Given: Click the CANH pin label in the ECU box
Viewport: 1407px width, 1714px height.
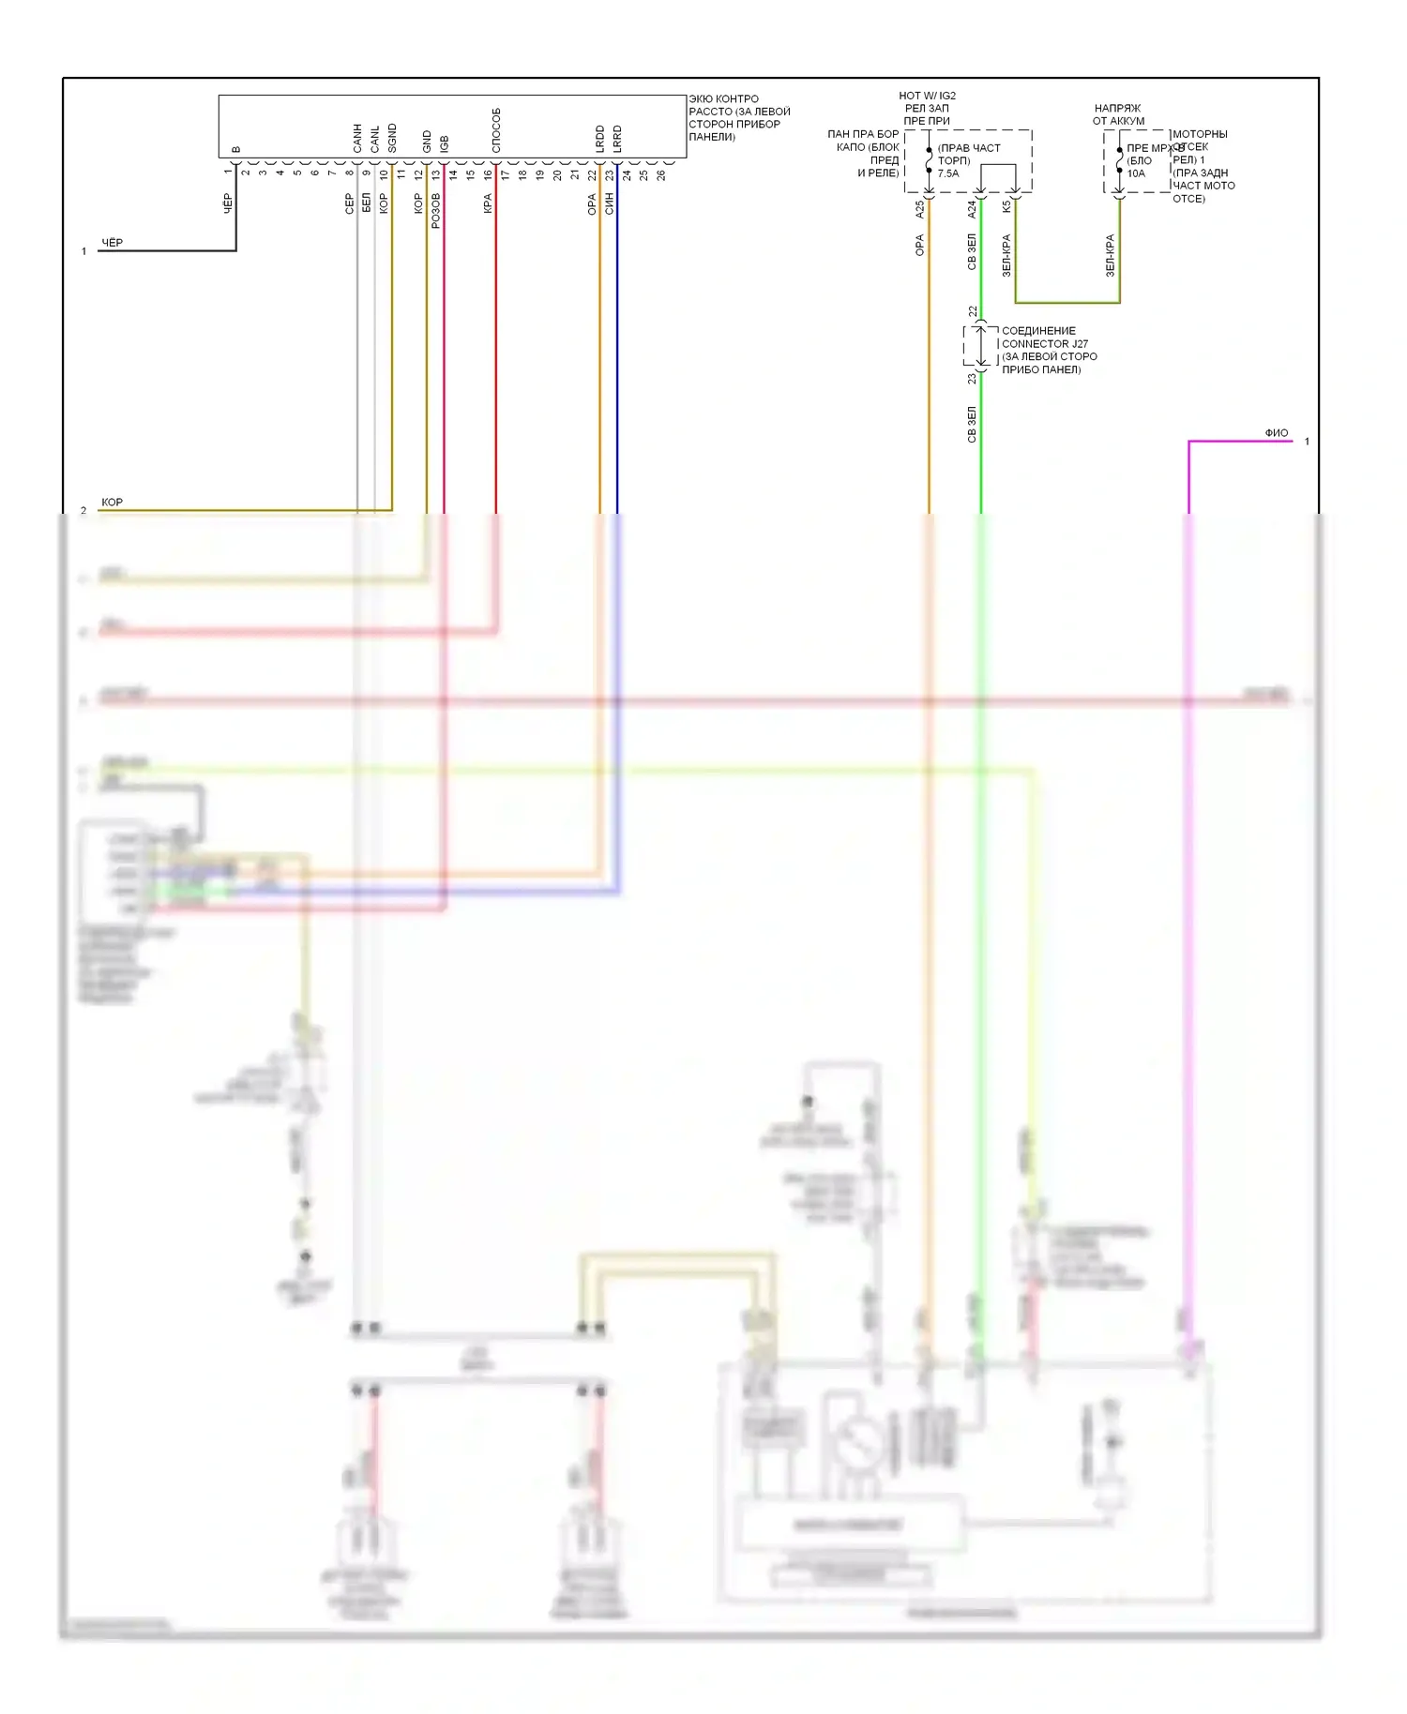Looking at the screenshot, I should (357, 139).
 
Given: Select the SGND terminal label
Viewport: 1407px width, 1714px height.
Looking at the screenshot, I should (392, 138).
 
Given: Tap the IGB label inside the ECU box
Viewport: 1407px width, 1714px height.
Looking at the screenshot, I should (445, 143).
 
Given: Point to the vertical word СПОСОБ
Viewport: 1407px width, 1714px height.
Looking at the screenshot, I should (496, 130).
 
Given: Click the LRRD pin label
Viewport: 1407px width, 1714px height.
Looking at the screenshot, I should (617, 139).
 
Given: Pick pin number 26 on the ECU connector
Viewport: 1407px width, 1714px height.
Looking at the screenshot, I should (661, 174).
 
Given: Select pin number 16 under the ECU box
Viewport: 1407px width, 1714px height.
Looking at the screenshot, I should (488, 174).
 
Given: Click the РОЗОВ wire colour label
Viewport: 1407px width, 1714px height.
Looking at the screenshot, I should (435, 211).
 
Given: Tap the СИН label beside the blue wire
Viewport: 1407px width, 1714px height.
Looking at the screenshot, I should (609, 203).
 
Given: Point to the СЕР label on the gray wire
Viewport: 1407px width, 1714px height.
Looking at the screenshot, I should (349, 204).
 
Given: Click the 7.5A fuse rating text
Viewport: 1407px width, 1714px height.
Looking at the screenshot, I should (948, 173).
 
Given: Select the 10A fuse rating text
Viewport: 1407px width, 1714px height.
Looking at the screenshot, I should (1136, 173).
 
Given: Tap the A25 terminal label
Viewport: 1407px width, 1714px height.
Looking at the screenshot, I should (919, 209).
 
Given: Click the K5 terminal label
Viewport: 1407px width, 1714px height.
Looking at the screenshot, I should (1006, 206).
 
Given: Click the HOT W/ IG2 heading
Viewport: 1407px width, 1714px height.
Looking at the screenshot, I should (927, 96).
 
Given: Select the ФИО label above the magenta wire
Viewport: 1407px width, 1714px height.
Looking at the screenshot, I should (1276, 433).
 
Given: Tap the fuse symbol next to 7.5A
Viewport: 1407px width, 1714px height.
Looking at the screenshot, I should (929, 160).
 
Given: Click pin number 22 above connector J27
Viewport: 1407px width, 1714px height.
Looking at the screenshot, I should (973, 311).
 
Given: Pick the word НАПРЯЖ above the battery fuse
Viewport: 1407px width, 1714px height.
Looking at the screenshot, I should (1117, 109).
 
